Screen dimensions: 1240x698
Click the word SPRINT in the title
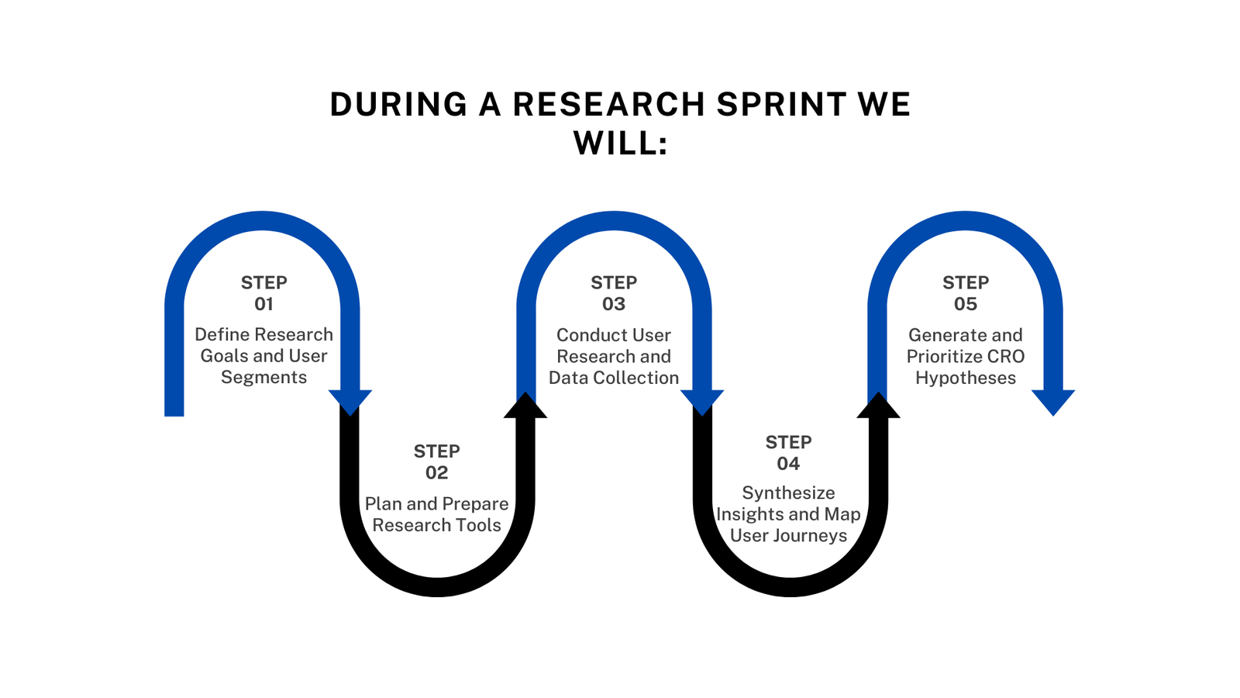[x=781, y=104]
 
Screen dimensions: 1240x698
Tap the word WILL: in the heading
[x=621, y=143]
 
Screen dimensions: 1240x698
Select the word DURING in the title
[x=398, y=104]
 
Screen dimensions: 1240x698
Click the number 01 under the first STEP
[x=264, y=304]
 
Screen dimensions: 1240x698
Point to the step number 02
[x=437, y=472]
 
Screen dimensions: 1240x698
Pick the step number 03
[x=614, y=304]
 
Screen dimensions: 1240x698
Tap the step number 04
[x=788, y=464]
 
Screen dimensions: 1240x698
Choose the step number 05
[x=966, y=304]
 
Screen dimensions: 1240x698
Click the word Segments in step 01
[x=264, y=378]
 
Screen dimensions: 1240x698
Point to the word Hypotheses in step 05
[x=966, y=378]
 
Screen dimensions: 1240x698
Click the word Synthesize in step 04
[x=788, y=493]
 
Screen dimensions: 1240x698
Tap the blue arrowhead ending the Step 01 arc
[x=350, y=403]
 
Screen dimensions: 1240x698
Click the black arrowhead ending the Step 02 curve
[x=525, y=405]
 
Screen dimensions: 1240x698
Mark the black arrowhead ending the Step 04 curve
[x=878, y=405]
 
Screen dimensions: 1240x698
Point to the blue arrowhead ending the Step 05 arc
[x=1053, y=403]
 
